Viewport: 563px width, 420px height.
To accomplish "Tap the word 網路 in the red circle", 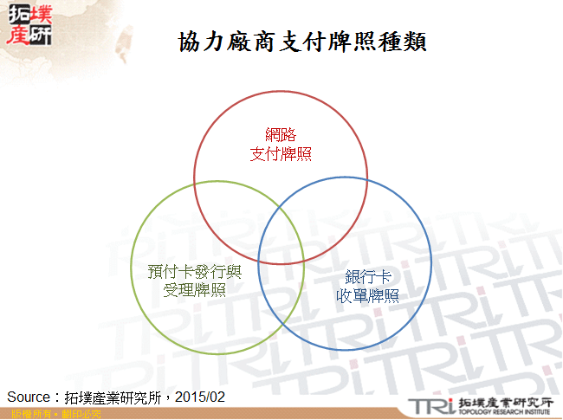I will click(281, 135).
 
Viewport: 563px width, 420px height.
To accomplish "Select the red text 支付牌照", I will click(281, 154).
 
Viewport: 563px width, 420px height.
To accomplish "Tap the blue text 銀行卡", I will click(367, 278).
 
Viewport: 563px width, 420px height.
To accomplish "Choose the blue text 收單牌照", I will click(367, 296).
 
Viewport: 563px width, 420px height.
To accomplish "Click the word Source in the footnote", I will click(28, 397).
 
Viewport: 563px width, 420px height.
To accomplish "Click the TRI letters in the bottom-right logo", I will click(430, 404).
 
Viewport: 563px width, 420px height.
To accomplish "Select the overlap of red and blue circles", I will click(333, 204).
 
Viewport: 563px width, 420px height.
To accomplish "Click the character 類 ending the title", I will click(414, 41).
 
